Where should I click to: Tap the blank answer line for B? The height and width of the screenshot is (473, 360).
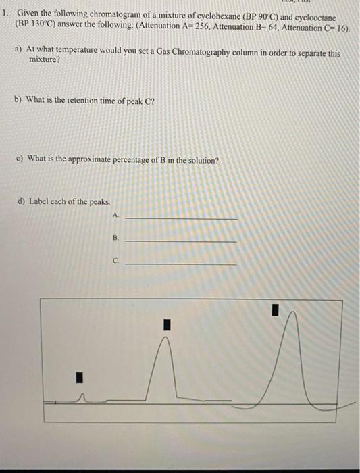(181, 241)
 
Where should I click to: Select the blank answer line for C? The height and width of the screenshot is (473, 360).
(181, 264)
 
